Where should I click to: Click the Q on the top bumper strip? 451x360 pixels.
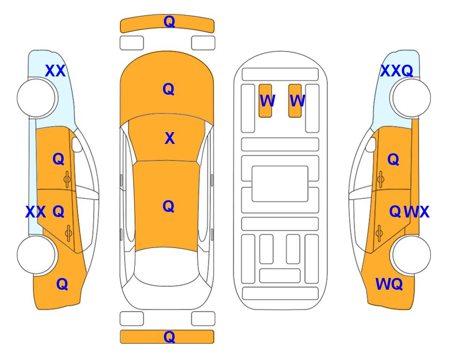coord(169,22)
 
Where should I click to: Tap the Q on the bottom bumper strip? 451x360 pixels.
coord(169,337)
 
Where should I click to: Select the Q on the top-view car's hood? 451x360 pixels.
coord(169,89)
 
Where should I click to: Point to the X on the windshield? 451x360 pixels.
coord(170,138)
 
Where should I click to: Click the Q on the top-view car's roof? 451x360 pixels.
coord(169,206)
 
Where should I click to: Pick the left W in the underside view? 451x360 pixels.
coord(267,101)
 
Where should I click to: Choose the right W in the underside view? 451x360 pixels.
coord(297,101)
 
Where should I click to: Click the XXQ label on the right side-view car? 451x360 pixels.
coord(397,71)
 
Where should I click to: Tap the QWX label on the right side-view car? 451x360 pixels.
coord(409,212)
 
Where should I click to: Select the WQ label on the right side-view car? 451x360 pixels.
coord(389,284)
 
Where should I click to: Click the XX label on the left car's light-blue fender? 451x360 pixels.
coord(55,71)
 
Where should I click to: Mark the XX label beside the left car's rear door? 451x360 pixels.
coord(36,212)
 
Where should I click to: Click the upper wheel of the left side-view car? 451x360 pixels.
coord(37,98)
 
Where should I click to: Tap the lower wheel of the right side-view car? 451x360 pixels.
coord(410,255)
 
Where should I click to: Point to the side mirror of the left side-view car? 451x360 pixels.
coord(77,144)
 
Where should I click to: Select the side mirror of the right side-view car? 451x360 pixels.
coord(371,144)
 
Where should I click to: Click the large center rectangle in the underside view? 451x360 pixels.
coord(280,184)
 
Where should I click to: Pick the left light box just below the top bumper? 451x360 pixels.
coord(132,43)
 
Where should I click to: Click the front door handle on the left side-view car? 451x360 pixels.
coord(67,179)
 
